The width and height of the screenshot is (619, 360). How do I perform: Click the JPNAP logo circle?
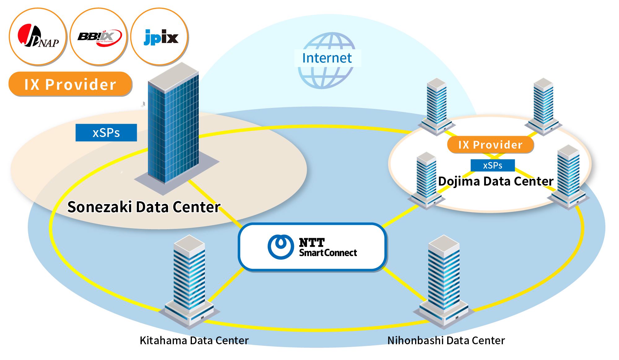[x=38, y=37]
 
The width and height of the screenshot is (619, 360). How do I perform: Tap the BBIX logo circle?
[x=98, y=37]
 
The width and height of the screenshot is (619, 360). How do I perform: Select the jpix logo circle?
[x=160, y=37]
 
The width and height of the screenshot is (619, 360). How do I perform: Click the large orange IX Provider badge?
[x=70, y=84]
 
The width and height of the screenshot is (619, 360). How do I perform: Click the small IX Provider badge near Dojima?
[x=490, y=145]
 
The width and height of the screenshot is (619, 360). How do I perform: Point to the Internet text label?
[x=327, y=58]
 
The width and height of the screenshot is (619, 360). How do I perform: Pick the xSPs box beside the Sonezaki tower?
[x=106, y=133]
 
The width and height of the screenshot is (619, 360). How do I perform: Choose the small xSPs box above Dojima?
[x=492, y=165]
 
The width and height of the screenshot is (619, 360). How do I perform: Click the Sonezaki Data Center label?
[x=144, y=207]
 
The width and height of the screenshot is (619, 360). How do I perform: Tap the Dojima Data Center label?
[x=496, y=181]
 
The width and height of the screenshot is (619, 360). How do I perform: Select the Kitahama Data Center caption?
[x=194, y=341]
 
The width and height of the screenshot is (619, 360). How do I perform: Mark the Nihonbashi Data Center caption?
[x=446, y=341]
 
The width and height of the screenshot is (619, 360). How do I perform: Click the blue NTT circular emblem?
[x=280, y=246]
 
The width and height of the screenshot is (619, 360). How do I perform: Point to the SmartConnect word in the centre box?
[x=328, y=253]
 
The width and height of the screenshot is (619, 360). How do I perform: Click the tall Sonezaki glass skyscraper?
[x=173, y=127]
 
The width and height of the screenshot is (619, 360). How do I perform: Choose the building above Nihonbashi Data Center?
[x=444, y=278]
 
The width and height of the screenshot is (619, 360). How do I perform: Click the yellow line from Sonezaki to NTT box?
[x=214, y=204]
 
